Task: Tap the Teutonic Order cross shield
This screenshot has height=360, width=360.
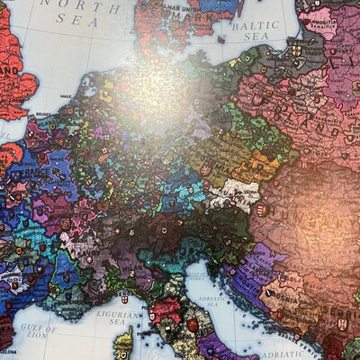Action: point(298,51)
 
